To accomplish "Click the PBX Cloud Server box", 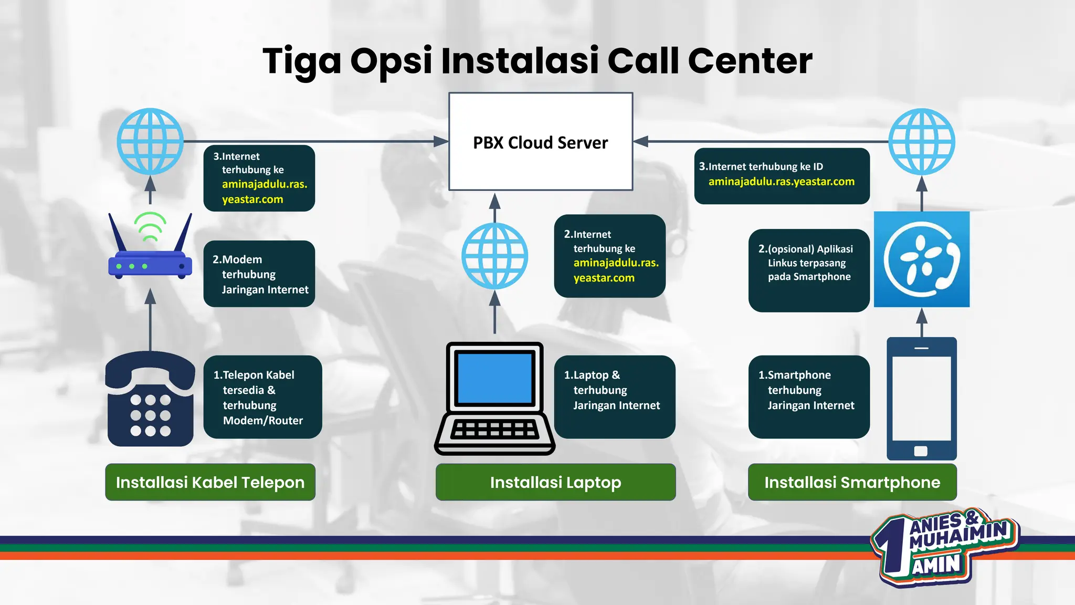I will (541, 142).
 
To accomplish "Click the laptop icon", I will (494, 399).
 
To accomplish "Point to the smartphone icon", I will (922, 399).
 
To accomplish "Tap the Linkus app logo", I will (922, 259).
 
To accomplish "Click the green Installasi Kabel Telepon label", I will (210, 482).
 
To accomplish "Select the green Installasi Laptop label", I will (555, 482).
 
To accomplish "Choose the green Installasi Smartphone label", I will (852, 482).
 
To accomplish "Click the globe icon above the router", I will (150, 141).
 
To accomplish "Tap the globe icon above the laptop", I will (494, 256).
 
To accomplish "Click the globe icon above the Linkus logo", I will (922, 141).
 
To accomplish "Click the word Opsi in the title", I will (391, 61).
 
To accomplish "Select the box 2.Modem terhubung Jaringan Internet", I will (259, 274).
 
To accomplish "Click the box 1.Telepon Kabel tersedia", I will (262, 397).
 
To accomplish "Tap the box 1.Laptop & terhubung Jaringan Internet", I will (615, 397).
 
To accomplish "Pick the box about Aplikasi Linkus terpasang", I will (809, 270).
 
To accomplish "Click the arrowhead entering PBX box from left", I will (441, 141).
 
